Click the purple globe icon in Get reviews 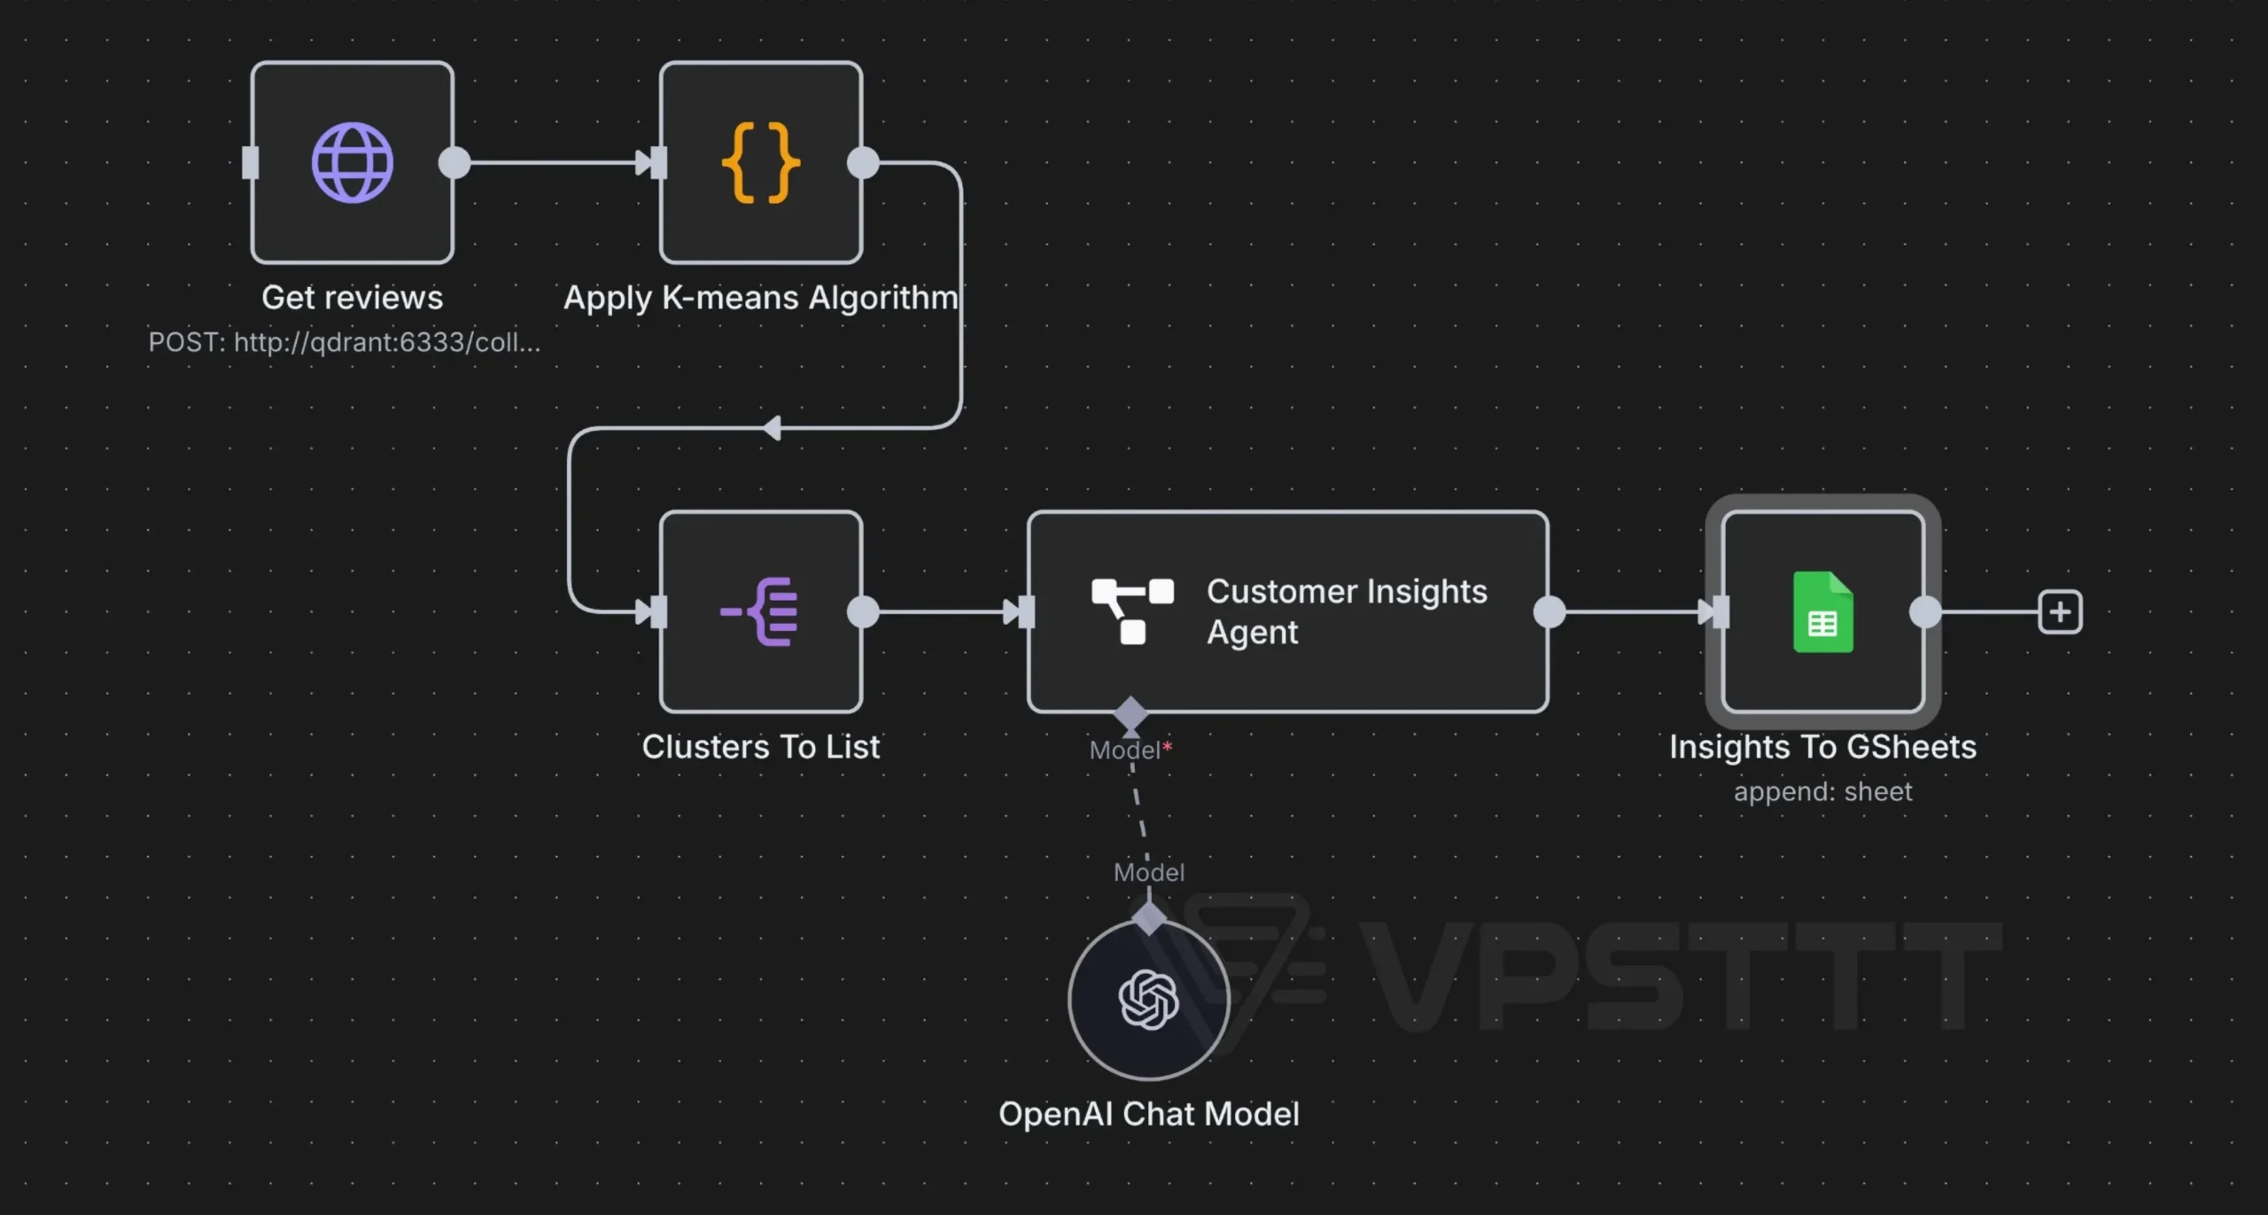tap(353, 163)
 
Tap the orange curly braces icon tap(761, 163)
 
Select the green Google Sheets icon tap(1823, 612)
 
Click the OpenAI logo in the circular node tap(1149, 1000)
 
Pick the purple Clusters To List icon tap(760, 611)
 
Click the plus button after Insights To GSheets tap(2061, 612)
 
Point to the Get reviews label tap(353, 298)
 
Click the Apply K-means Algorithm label tap(761, 299)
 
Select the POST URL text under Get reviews tap(345, 342)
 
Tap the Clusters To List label tap(761, 747)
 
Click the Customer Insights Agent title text tap(1347, 611)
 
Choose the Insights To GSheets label tap(1823, 747)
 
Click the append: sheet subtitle tap(1823, 791)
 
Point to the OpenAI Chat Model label tap(1149, 1114)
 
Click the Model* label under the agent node tap(1130, 751)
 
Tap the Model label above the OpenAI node tap(1149, 873)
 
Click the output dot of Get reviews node tap(454, 163)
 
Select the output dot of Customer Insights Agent tap(1550, 612)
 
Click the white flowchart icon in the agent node tap(1132, 611)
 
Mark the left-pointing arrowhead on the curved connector tap(772, 428)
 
